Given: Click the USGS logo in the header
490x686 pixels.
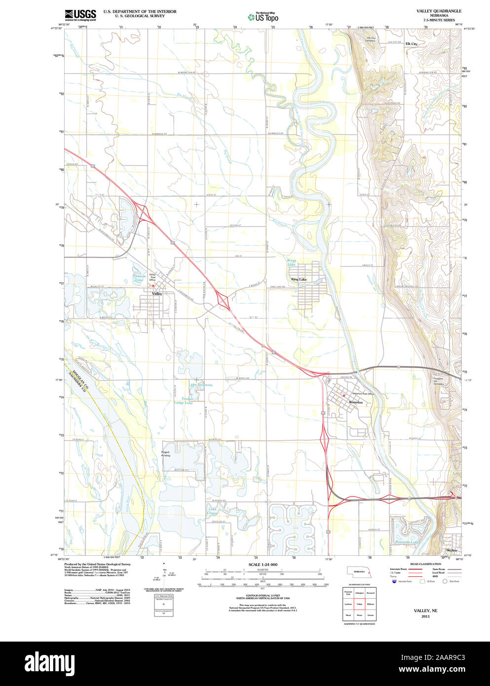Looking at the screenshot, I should tap(80, 15).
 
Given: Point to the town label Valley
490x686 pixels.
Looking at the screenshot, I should tap(157, 294).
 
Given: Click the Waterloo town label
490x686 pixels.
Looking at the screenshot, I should tap(355, 402).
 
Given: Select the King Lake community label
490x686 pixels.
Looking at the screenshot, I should tap(299, 279).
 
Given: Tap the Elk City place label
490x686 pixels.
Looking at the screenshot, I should tap(411, 44).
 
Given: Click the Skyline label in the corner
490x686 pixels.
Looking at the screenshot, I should tap(451, 550).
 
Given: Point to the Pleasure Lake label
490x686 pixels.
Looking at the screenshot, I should tap(139, 278).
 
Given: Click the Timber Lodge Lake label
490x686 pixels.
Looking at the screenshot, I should tap(184, 401).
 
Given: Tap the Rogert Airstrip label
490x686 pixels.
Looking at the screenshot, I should tap(165, 454).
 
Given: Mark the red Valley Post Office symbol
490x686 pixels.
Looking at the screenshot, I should tap(153, 285).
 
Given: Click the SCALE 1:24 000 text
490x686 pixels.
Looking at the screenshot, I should tap(263, 565).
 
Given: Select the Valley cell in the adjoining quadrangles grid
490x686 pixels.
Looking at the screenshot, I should tap(359, 604).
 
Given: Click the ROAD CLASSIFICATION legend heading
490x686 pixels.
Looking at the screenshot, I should tap(425, 564).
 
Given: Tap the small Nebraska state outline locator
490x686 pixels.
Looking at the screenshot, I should tap(359, 571).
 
